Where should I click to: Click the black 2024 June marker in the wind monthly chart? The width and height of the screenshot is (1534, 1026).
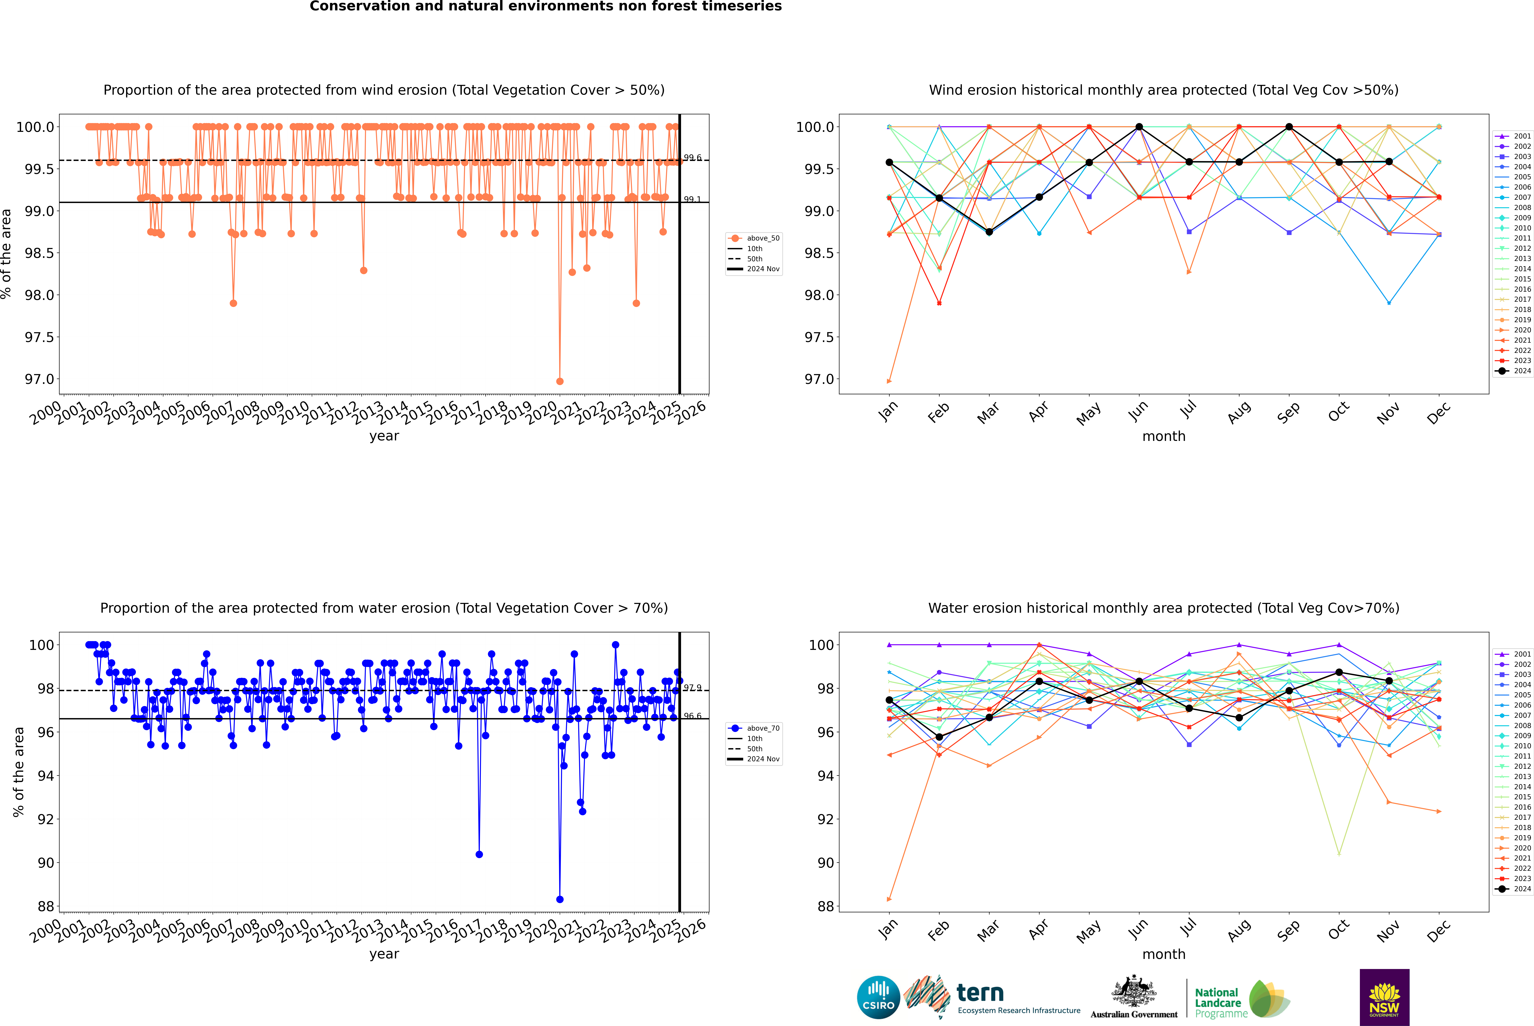(1139, 127)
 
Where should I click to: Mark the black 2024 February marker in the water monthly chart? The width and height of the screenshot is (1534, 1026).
(939, 737)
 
